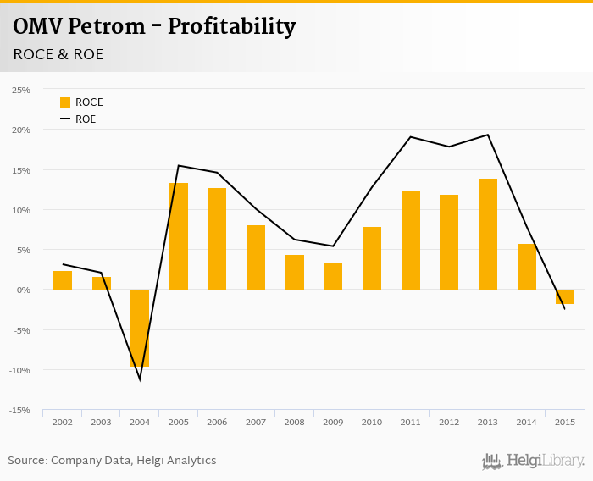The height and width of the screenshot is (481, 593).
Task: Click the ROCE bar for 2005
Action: point(178,236)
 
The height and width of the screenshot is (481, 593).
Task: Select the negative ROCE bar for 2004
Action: point(140,328)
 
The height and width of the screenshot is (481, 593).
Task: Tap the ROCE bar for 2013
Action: point(488,234)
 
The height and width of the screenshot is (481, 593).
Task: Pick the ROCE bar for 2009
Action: point(333,276)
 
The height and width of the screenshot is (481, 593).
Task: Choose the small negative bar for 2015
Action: point(565,296)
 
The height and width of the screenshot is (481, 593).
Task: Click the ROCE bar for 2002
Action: point(63,280)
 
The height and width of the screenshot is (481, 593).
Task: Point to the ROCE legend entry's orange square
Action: point(65,102)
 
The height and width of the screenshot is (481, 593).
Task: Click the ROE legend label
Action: point(86,119)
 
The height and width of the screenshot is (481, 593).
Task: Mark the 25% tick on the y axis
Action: point(21,90)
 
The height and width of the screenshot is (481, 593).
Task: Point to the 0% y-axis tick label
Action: point(24,290)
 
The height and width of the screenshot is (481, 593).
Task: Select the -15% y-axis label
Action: point(20,410)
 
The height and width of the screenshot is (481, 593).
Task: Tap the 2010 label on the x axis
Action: point(372,422)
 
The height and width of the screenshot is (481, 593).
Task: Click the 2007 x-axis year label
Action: point(256,422)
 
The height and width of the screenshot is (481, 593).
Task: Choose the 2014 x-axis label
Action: point(527,422)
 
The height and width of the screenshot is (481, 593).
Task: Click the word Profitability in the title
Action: point(231,27)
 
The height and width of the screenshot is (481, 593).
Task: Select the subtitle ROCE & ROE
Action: point(58,54)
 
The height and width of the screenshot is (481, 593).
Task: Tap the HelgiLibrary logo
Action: point(534,462)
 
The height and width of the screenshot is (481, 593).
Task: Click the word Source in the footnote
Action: point(27,461)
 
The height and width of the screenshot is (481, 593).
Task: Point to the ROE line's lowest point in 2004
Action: point(140,379)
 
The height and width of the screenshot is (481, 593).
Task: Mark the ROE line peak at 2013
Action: point(488,135)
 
